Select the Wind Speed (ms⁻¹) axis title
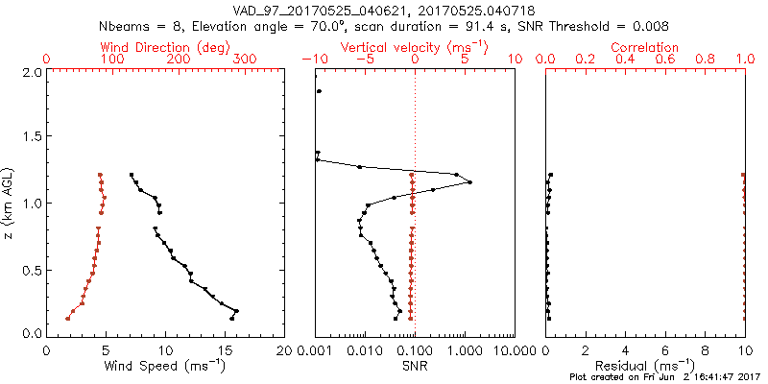[166, 366]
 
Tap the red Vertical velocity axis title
[414, 47]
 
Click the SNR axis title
[414, 366]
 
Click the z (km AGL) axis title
[9, 203]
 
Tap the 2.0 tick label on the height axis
[32, 72]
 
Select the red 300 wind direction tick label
[245, 60]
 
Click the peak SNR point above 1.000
[469, 182]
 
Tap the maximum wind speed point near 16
[236, 311]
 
